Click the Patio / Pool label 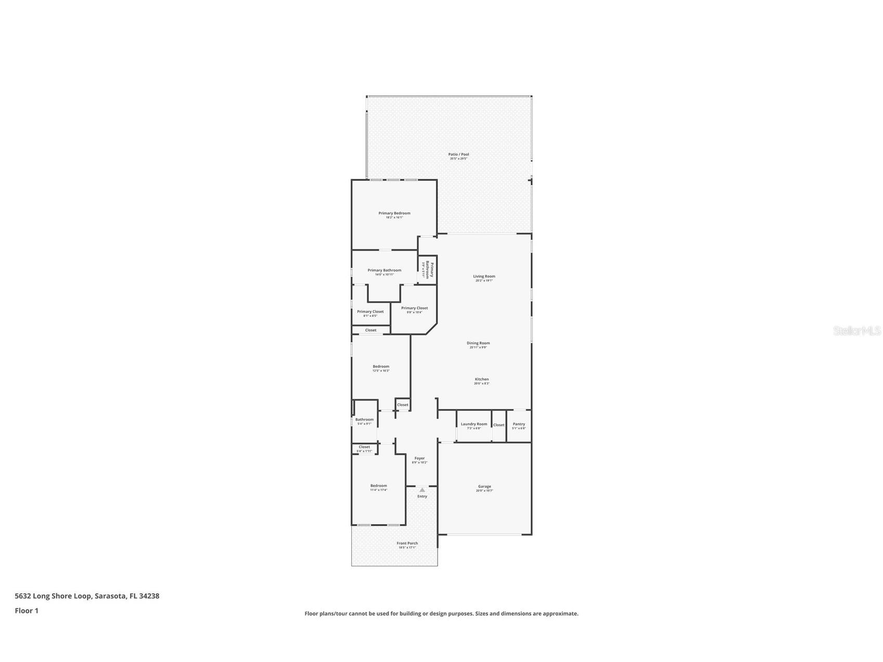(x=458, y=155)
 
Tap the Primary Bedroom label (x=394, y=213)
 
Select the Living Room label (x=484, y=277)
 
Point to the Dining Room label (x=478, y=343)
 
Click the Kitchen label (x=481, y=380)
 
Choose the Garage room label (x=484, y=487)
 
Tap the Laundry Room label (x=474, y=424)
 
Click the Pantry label (x=518, y=424)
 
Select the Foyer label (x=419, y=459)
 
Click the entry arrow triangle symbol (x=422, y=490)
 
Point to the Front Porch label (x=407, y=543)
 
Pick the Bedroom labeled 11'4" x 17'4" (x=378, y=486)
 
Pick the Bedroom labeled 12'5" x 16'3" (x=381, y=367)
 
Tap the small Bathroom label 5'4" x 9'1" (x=364, y=420)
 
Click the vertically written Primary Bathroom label (x=429, y=270)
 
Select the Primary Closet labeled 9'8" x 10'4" (x=414, y=308)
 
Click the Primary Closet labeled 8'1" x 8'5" (x=370, y=312)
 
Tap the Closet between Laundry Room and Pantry (x=498, y=425)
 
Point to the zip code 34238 (x=149, y=596)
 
